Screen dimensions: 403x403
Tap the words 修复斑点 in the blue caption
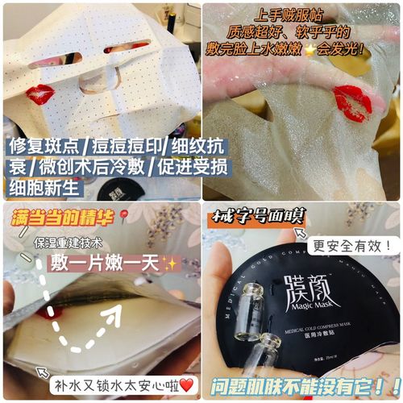point(39,147)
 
